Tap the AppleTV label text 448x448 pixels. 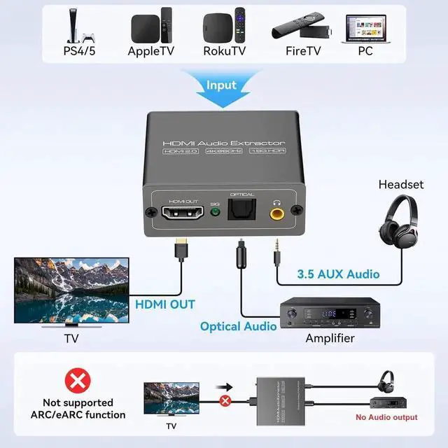pyautogui.click(x=150, y=51)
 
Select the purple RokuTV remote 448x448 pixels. pyautogui.click(x=239, y=25)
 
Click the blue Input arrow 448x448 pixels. pyautogui.click(x=221, y=88)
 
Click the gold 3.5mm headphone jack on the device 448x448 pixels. pyautogui.click(x=278, y=211)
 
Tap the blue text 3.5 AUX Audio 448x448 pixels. pyautogui.click(x=337, y=274)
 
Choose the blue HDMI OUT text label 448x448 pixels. pyautogui.click(x=165, y=304)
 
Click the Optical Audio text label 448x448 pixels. pyautogui.click(x=238, y=326)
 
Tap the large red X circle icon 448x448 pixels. pyautogui.click(x=78, y=381)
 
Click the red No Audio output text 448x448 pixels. pyautogui.click(x=386, y=417)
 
